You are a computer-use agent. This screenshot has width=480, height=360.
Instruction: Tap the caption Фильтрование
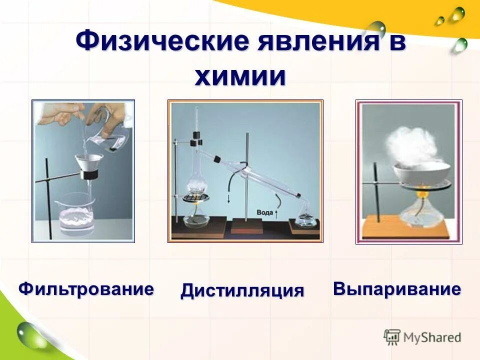coord(86,289)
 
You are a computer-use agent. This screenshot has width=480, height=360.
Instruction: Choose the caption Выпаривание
coord(396,289)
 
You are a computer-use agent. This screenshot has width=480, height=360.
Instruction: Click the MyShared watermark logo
coord(422,337)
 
